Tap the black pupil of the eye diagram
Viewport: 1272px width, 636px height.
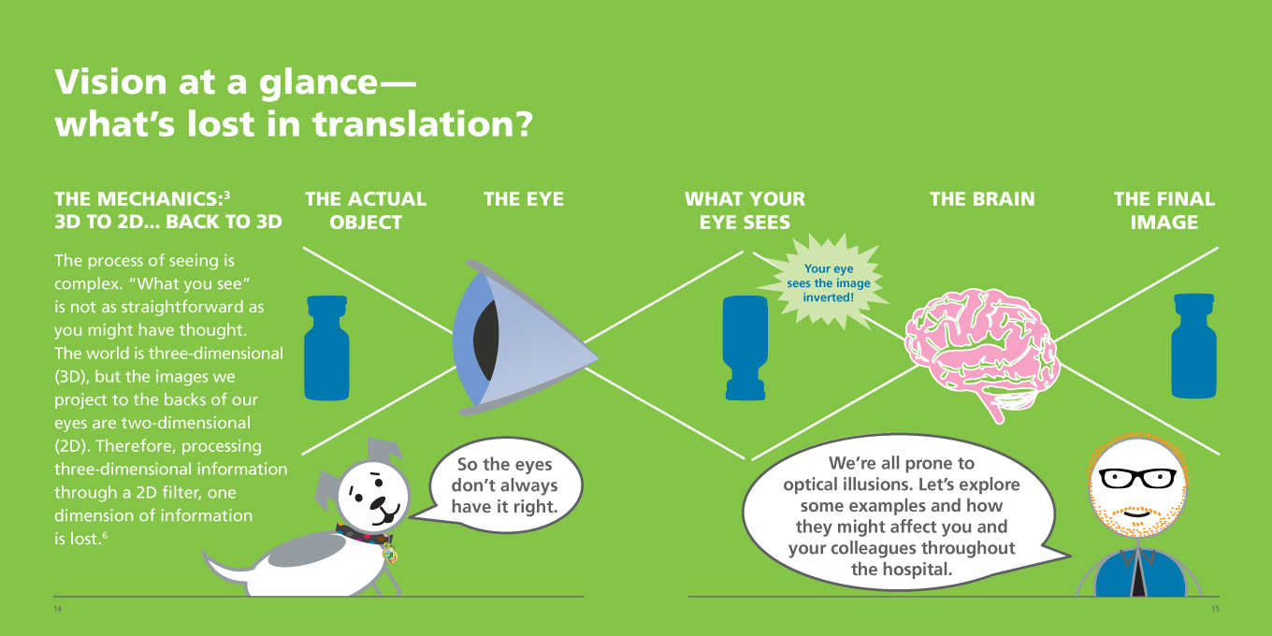tap(486, 340)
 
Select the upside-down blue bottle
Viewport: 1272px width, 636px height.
tap(745, 348)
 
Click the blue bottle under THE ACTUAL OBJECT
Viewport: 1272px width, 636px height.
tap(326, 348)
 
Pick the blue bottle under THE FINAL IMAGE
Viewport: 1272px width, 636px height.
tap(1193, 346)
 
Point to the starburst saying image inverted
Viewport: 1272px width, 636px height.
tap(828, 282)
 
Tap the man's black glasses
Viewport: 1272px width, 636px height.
tap(1137, 478)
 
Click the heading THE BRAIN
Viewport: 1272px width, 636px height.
tap(982, 199)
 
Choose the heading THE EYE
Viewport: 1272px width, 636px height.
tap(524, 199)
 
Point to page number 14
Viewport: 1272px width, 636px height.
tap(57, 609)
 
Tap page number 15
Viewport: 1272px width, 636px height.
tap(1215, 609)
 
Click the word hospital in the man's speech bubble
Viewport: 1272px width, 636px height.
tap(918, 569)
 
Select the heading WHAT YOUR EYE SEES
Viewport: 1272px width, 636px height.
tap(744, 210)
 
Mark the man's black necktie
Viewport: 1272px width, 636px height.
tap(1138, 573)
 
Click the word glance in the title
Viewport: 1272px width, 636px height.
tap(318, 82)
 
